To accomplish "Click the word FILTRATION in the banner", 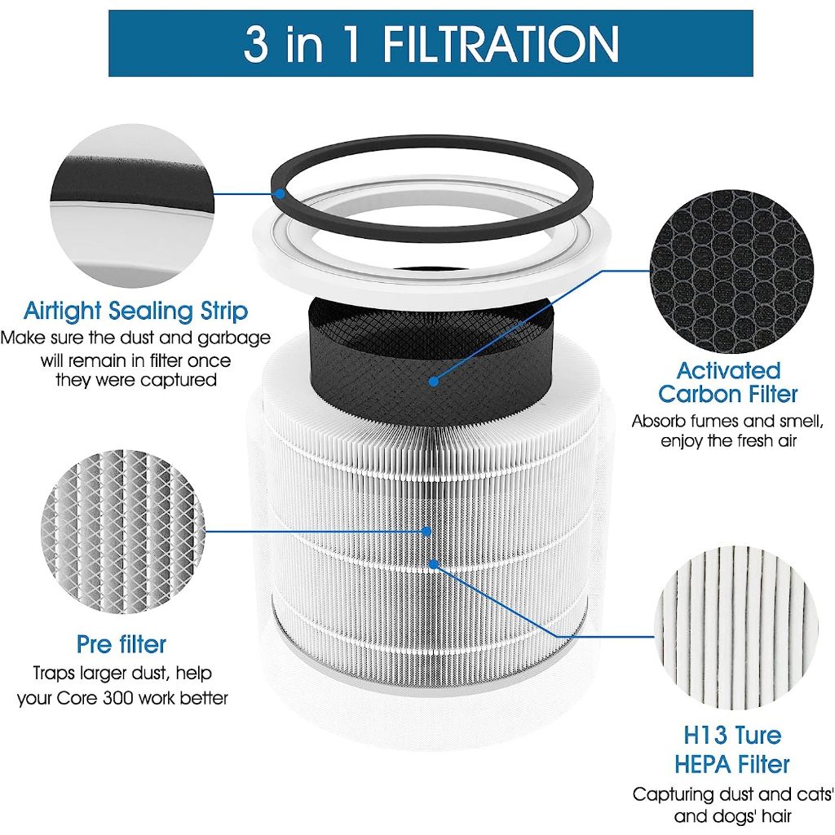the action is pos(500,44).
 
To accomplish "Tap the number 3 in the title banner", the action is pos(256,44).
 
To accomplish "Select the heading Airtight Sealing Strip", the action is pos(136,311).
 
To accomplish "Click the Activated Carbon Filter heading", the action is pos(728,382).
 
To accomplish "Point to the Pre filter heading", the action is pos(121,644).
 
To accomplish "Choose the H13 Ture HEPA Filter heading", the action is pos(732,750).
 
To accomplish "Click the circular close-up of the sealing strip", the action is pos(131,206).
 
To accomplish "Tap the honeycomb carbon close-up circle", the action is pos(732,272).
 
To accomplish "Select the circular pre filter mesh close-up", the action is pos(123,531).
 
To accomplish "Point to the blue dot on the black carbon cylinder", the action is pos(434,382).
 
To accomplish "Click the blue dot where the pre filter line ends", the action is pos(426,531).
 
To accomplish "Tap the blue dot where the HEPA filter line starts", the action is pos(434,564).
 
